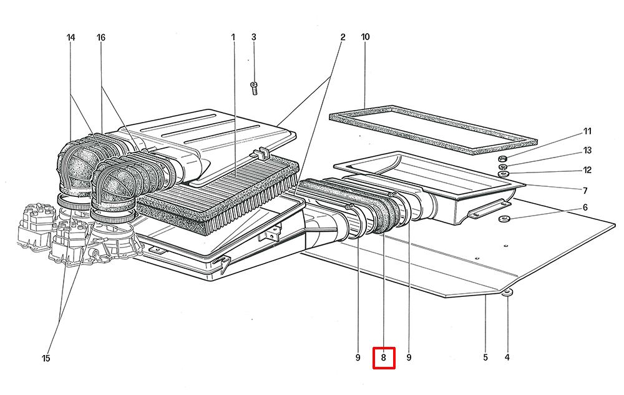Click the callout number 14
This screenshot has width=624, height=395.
pos(71,37)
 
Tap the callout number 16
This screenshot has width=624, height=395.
pos(101,37)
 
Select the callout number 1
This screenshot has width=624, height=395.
pos(233,37)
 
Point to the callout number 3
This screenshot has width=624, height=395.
pos(254,37)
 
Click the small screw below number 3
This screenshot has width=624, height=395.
pos(254,87)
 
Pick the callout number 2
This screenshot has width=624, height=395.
pos(343,37)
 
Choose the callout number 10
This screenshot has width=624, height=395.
pos(365,37)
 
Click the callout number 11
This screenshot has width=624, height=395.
pos(587,131)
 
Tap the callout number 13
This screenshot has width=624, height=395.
pos(587,151)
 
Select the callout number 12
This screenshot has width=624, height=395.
pos(587,170)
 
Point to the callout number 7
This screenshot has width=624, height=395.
pos(586,189)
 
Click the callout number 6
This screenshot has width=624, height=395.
pos(585,207)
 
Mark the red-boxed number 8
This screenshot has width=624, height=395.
pos(384,358)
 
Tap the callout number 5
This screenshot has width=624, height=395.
pos(485,358)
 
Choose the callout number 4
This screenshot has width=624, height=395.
pos(507,358)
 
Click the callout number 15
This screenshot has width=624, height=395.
pos(46,358)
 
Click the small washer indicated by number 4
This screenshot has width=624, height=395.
pos(509,292)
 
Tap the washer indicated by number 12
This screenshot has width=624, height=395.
pos(504,174)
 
